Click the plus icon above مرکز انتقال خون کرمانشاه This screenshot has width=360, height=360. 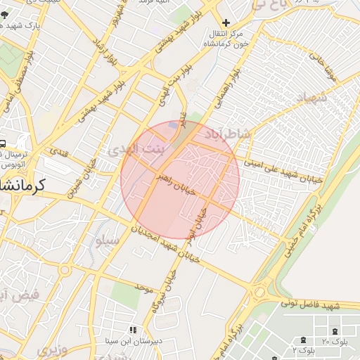(226, 23)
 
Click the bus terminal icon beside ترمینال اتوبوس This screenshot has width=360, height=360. (3, 141)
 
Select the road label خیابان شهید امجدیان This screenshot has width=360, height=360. (167, 243)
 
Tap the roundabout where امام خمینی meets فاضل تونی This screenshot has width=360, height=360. (260, 290)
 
